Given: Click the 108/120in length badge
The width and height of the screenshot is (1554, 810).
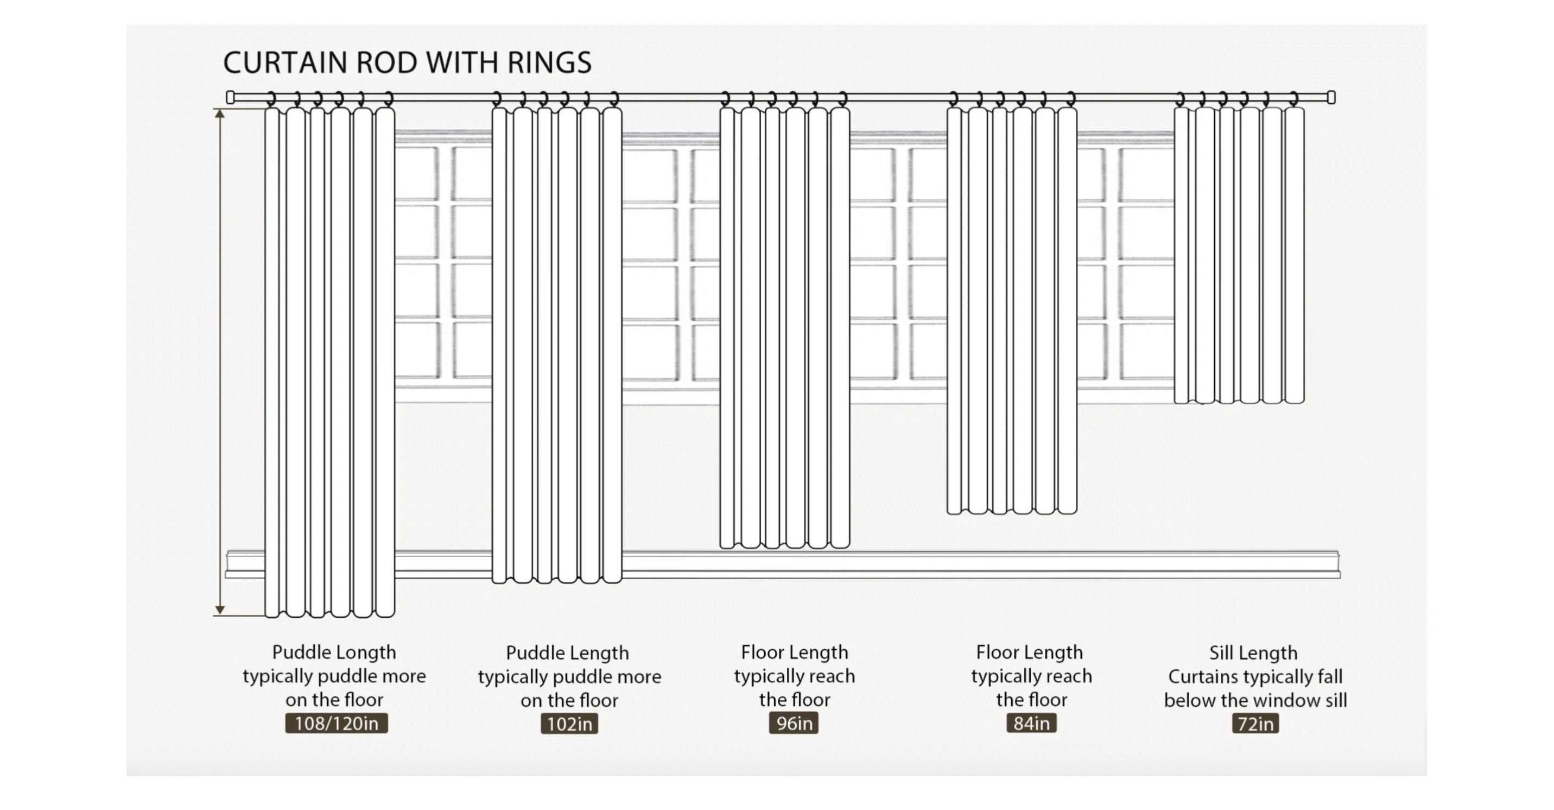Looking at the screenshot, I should (x=336, y=723).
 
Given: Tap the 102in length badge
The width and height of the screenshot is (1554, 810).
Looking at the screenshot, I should (x=569, y=724).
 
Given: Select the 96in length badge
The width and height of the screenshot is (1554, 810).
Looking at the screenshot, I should (x=794, y=723).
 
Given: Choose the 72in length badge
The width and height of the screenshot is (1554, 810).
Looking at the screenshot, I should (x=1255, y=724).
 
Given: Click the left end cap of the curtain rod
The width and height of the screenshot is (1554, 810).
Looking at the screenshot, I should (x=230, y=97).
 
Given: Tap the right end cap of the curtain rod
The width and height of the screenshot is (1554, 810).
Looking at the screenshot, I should (x=1331, y=97).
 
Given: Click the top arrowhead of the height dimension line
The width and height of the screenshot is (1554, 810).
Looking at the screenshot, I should (x=220, y=114).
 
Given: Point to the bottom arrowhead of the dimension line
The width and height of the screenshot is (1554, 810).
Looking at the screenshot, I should (x=220, y=610).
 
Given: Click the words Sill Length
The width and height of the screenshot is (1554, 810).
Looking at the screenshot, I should (x=1253, y=652).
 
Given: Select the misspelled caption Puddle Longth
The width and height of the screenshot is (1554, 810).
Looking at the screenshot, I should (x=334, y=652).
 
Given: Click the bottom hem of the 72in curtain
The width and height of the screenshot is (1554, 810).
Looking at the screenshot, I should (x=1239, y=401).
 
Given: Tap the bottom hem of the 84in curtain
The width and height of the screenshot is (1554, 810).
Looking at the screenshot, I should (x=1012, y=512).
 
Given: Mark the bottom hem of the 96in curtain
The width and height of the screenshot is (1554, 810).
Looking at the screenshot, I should (x=784, y=546).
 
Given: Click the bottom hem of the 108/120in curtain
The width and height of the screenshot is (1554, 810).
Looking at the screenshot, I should (x=329, y=615).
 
